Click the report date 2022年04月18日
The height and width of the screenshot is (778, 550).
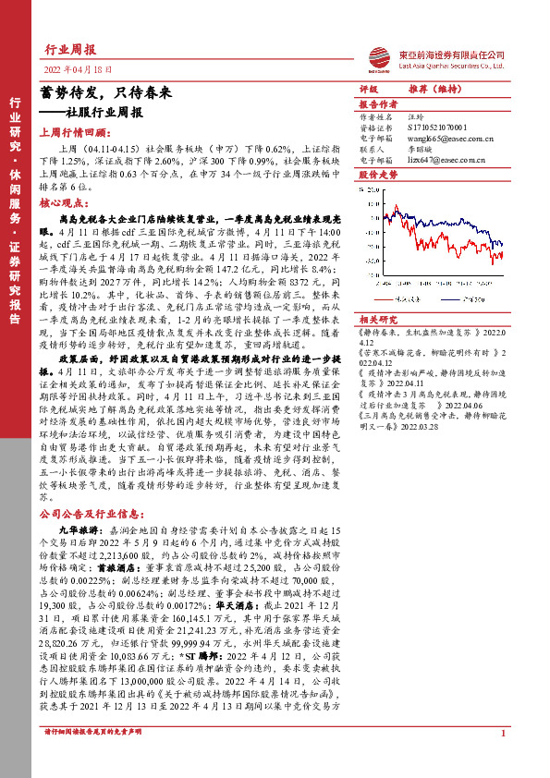point(78,69)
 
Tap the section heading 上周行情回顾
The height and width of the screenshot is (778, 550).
point(75,131)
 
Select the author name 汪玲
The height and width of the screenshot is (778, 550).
point(417,118)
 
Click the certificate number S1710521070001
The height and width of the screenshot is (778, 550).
point(439,128)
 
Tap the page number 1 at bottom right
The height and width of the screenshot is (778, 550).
point(502,759)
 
